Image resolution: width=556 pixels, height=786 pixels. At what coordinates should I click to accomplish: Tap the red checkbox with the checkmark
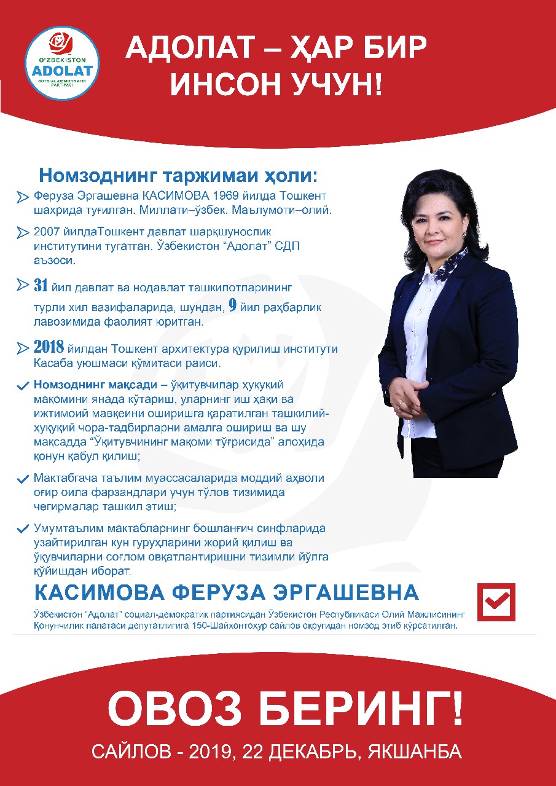(x=496, y=602)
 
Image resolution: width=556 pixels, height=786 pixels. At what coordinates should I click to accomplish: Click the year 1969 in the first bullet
(x=229, y=196)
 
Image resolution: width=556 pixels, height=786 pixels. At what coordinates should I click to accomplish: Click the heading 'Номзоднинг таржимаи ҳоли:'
(x=179, y=175)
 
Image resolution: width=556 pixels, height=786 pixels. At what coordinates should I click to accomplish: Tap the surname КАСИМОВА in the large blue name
(x=100, y=593)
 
